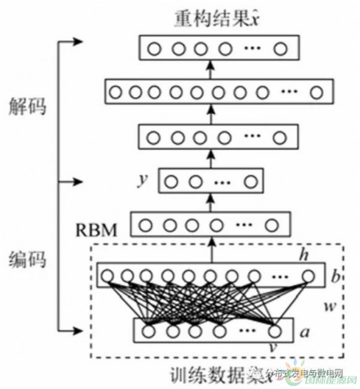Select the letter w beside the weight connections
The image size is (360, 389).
tap(328, 306)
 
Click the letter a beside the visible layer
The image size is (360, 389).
tap(305, 330)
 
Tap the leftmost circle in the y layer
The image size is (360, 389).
tap(171, 181)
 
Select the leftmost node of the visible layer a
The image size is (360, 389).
tap(148, 331)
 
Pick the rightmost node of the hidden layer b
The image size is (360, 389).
tap(308, 277)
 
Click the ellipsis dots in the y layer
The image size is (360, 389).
tap(223, 181)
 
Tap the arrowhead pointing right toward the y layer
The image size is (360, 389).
tap(77, 181)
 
